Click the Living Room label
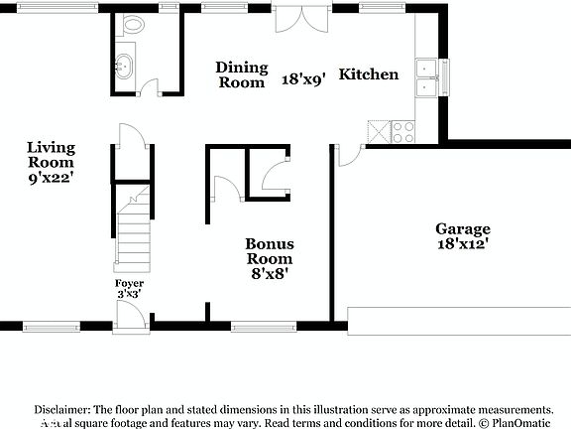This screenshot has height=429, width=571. click(51, 155)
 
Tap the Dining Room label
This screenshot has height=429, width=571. click(242, 75)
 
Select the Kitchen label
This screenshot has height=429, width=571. click(369, 74)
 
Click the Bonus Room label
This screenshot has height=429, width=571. click(270, 251)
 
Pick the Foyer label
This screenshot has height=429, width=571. click(130, 283)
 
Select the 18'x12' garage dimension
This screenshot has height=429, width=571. click(462, 242)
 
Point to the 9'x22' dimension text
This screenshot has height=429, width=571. click(51, 178)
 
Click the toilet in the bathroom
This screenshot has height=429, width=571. click(134, 24)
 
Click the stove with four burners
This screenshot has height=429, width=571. click(403, 131)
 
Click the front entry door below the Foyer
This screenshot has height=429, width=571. click(130, 316)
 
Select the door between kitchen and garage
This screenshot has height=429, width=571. click(349, 155)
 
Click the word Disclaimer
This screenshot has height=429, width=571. click(62, 409)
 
